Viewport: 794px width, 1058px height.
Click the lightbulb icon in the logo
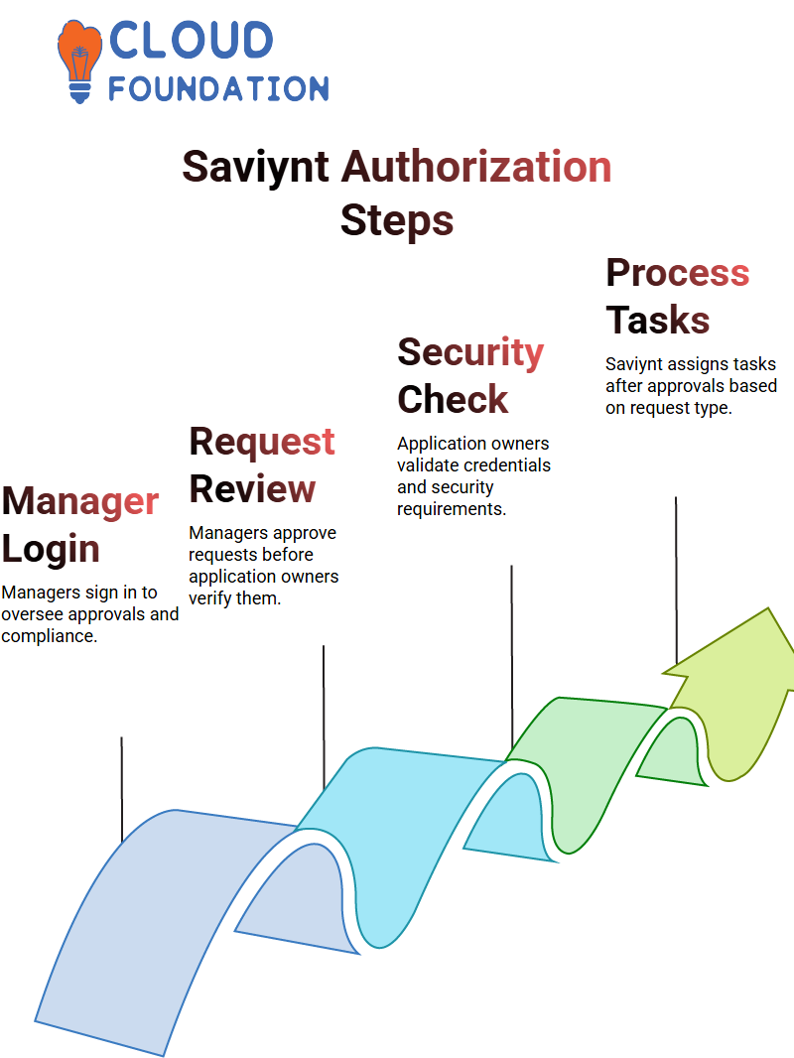80,60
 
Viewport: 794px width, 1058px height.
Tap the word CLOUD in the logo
191,42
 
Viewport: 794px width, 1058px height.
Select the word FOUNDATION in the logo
218,89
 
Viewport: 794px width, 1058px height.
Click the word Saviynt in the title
255,167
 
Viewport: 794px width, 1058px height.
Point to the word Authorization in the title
476,167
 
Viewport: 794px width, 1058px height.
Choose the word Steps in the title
396,219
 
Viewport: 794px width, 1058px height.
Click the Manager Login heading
79,525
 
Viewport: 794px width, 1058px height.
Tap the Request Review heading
262,465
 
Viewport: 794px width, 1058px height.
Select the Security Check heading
470,376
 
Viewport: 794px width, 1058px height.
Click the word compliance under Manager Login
49,636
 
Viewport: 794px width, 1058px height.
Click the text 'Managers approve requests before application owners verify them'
263,566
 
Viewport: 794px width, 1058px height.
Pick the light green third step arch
586,734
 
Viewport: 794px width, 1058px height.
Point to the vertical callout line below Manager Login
121,789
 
